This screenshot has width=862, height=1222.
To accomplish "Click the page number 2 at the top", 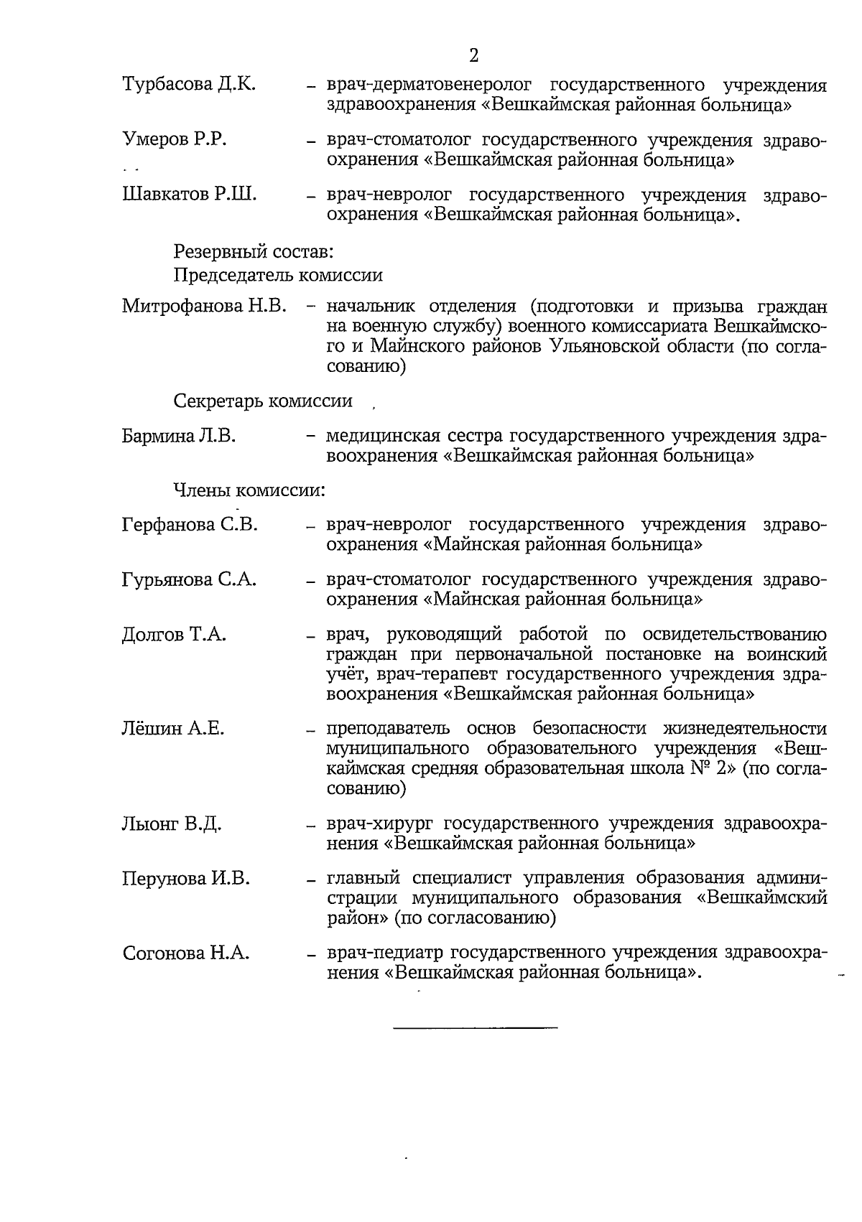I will pos(473,55).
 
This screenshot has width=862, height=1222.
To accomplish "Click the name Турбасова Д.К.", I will pos(190,85).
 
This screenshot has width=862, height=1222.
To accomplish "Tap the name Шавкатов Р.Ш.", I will pos(190,194).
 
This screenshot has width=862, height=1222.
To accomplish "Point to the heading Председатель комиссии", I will pos(278,275).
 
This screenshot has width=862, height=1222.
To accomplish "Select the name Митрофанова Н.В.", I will pos(205,307).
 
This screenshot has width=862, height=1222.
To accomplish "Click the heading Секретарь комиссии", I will pos(263,401).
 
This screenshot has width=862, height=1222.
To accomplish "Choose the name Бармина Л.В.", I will pos(179,436).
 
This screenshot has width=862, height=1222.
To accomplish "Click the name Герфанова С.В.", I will pos(190,525).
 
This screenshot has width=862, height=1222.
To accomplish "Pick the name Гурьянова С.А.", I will pos(190,579).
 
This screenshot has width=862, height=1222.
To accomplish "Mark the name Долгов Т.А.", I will pos(174,635).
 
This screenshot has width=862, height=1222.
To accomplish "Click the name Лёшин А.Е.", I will pos(173,729).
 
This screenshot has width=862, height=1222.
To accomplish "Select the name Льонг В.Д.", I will pos(172,824).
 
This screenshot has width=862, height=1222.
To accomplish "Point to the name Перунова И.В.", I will pos(187,878).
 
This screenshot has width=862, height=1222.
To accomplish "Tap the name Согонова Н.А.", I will pos(186,953).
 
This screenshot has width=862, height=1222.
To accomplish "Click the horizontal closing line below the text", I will pos(476,1028).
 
